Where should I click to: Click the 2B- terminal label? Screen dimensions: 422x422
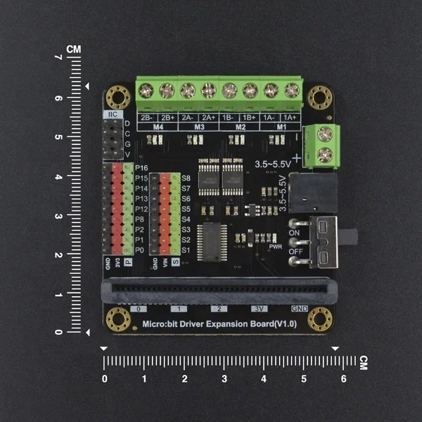[146, 117]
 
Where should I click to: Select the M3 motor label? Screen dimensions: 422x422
[198, 127]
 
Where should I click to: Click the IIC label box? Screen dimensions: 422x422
[111, 114]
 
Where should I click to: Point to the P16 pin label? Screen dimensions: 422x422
[141, 169]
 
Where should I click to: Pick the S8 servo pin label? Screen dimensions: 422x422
[186, 179]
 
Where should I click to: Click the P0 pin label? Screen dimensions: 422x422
[141, 250]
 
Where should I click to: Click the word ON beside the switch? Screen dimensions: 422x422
[296, 233]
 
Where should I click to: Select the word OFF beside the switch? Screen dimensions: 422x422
[297, 251]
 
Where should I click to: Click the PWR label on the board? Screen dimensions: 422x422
[276, 247]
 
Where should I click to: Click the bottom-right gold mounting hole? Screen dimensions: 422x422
[320, 320]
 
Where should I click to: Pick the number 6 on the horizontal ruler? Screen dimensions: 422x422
[343, 378]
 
